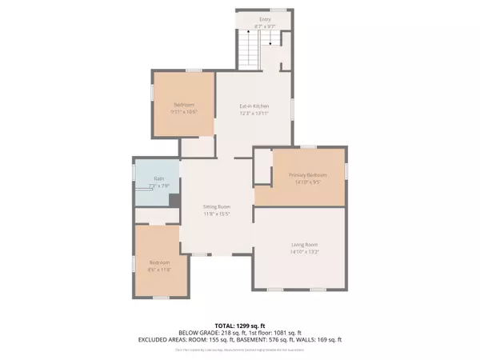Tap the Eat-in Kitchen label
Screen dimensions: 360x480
(x=254, y=106)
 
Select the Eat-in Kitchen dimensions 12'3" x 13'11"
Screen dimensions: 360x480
(x=254, y=113)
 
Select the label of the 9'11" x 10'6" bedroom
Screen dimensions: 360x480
(x=184, y=105)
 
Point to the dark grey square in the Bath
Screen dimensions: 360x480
(x=174, y=202)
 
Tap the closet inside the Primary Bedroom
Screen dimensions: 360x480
(x=262, y=167)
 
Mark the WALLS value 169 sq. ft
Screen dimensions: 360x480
(x=328, y=339)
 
